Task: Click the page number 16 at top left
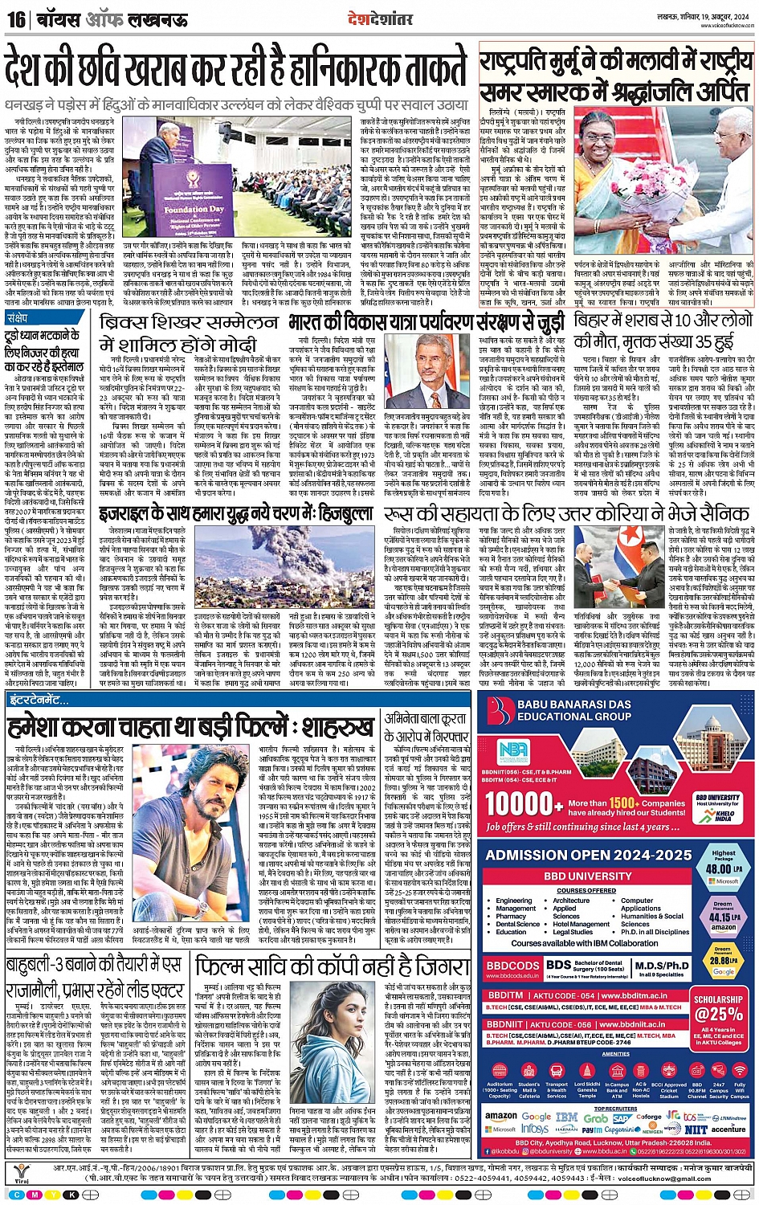(15, 18)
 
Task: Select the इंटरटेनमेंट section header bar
(40, 700)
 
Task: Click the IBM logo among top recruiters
(566, 1117)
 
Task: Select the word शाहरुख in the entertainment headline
(330, 728)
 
